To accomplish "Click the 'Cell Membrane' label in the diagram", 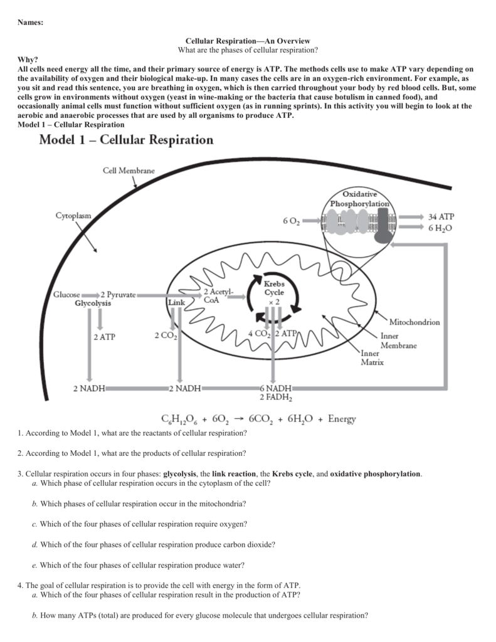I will coord(129,171).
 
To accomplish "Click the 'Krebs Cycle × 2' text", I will coord(273,293).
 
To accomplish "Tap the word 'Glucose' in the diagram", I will coord(66,294).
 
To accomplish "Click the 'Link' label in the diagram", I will coord(176,302).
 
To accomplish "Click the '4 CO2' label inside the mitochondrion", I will coord(259,334).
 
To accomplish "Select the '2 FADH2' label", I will coord(275,397).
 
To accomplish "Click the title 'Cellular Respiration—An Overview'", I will coord(248,41).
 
